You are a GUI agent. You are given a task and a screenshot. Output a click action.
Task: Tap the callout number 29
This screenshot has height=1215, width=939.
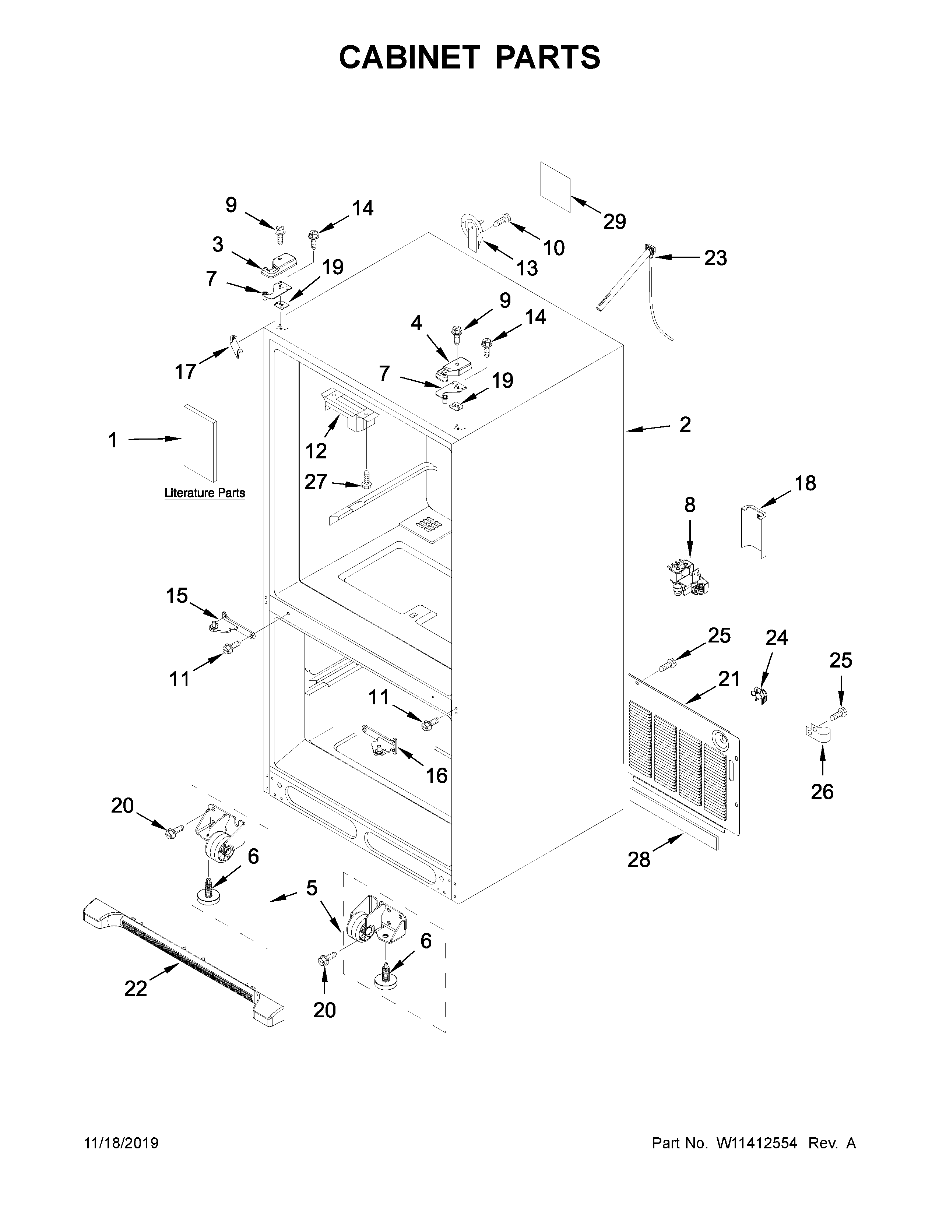[x=614, y=222]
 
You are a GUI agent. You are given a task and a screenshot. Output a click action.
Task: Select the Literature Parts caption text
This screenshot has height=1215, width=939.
[x=205, y=493]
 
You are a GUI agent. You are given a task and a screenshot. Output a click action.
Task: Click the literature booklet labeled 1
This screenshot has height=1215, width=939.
[x=200, y=443]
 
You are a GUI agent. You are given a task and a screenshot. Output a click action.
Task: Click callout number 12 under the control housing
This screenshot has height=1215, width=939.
[x=316, y=451]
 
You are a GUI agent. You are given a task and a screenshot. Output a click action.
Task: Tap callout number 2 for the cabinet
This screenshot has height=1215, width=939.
[x=685, y=425]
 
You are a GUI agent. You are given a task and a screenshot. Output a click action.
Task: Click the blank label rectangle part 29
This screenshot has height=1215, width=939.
[x=556, y=187]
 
